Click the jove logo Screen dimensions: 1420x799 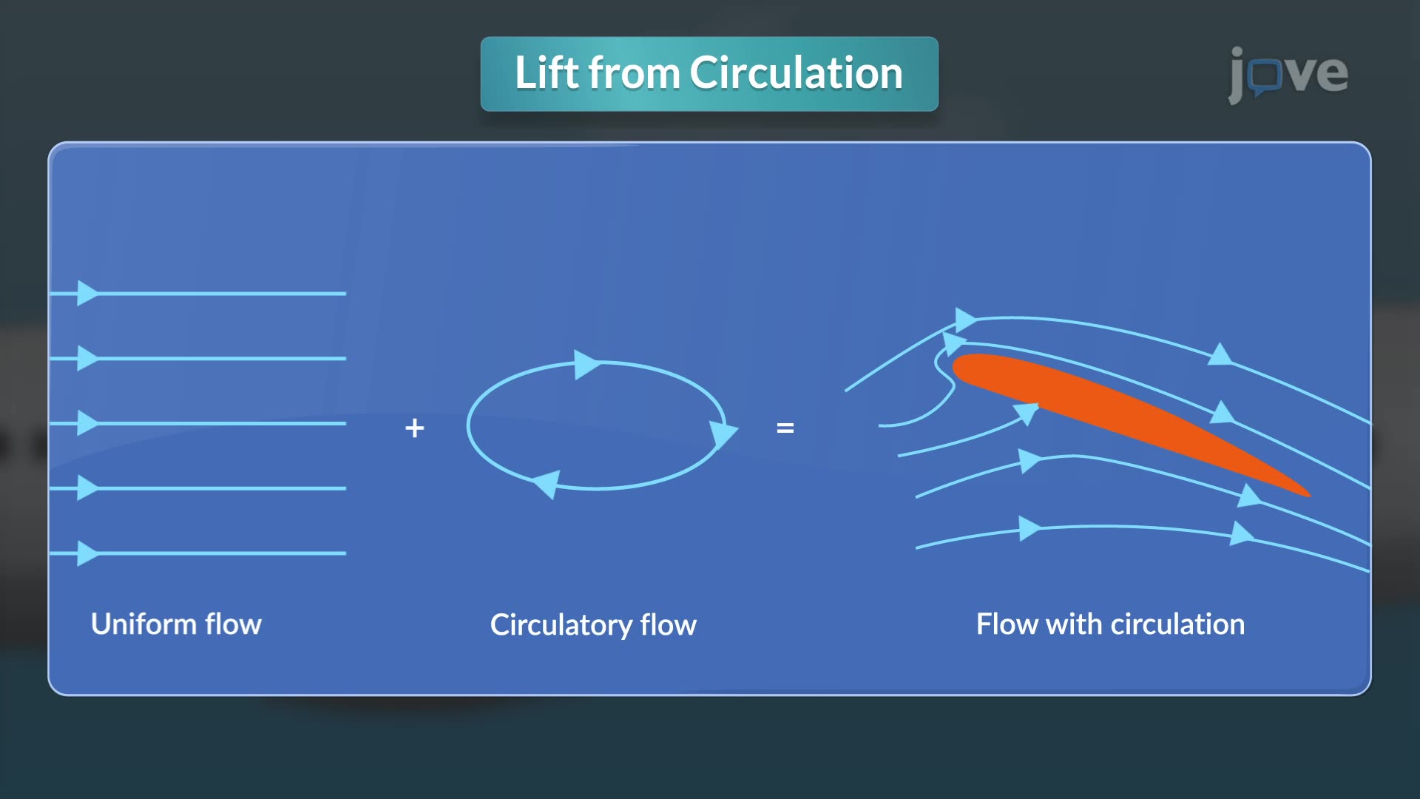[x=1288, y=73]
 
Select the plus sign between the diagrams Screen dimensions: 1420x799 [x=415, y=428]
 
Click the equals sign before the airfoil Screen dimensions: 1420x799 [x=785, y=428]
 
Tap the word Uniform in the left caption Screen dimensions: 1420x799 [x=144, y=624]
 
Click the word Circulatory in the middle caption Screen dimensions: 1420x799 [x=561, y=625]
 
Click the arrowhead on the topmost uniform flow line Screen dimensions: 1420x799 [x=87, y=293]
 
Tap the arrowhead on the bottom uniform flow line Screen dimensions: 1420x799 [x=87, y=553]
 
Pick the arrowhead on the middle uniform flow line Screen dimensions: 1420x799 [x=87, y=423]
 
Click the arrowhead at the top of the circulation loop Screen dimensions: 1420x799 [x=586, y=364]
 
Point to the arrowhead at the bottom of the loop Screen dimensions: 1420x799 [x=547, y=485]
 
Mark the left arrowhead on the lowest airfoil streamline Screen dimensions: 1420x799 [x=1029, y=528]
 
